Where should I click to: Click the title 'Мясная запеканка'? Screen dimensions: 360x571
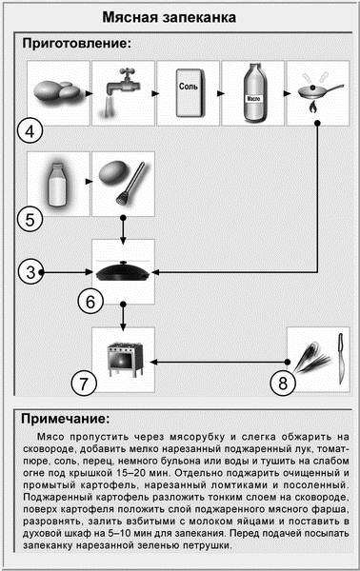pyautogui.click(x=169, y=17)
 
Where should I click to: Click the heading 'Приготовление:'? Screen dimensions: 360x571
pyautogui.click(x=76, y=44)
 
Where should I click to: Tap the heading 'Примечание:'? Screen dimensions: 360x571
pyautogui.click(x=65, y=419)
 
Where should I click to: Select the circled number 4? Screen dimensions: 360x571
pyautogui.click(x=30, y=131)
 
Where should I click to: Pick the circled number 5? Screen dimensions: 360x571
pyautogui.click(x=30, y=220)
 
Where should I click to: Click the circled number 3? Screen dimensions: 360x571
pyautogui.click(x=30, y=272)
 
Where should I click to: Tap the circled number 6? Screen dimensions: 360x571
pyautogui.click(x=90, y=302)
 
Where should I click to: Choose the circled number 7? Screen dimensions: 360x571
pyautogui.click(x=84, y=384)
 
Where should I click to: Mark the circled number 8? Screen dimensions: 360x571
pyautogui.click(x=283, y=384)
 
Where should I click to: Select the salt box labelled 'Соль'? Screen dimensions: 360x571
pyautogui.click(x=190, y=93)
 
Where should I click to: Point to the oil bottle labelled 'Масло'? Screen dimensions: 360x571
pyautogui.click(x=253, y=92)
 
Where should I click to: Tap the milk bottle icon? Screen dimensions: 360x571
pyautogui.click(x=57, y=184)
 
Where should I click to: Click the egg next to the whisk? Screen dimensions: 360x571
pyautogui.click(x=111, y=173)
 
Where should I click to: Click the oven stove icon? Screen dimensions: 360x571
pyautogui.click(x=125, y=360)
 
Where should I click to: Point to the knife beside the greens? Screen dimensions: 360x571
pyautogui.click(x=341, y=359)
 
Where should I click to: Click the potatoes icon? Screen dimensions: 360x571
pyautogui.click(x=57, y=90)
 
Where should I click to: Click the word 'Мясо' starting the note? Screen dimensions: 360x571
pyautogui.click(x=50, y=437)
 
